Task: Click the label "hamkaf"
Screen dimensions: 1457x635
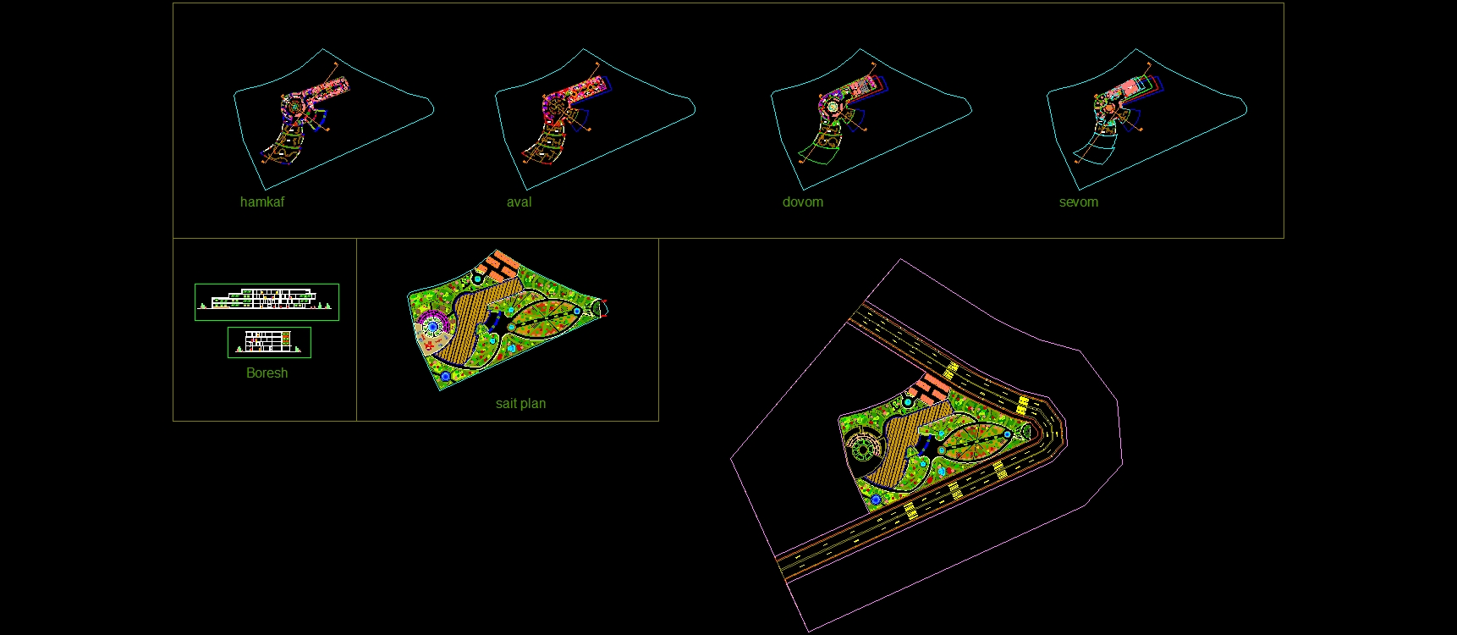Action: point(262,202)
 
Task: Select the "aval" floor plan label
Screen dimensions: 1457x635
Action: point(519,202)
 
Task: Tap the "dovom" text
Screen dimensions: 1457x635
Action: point(802,202)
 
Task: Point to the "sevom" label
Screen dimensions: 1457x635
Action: point(1079,202)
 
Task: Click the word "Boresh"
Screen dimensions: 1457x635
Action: point(267,373)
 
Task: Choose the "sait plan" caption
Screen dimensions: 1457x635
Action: point(520,404)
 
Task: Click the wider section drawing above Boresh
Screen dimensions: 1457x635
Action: point(267,302)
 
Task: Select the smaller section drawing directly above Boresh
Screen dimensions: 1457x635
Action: point(269,342)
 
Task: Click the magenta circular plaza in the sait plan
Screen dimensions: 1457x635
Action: point(433,325)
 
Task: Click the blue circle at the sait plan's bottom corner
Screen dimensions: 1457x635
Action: point(446,375)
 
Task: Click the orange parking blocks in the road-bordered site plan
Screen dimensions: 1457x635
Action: point(931,388)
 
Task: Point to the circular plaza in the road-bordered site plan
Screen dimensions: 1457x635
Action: point(863,447)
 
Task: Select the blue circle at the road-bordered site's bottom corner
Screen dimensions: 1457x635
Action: point(876,500)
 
